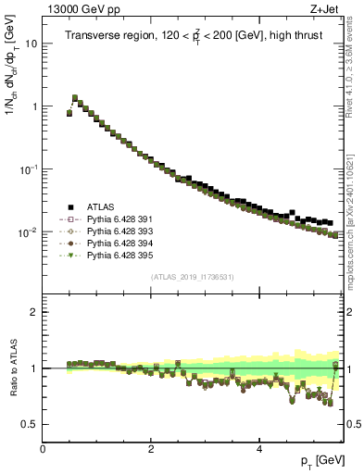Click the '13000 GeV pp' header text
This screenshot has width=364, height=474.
tap(74, 8)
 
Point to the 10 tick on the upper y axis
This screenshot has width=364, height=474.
tap(31, 44)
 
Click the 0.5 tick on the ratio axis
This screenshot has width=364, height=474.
tap(30, 424)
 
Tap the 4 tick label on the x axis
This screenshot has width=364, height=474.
tap(258, 447)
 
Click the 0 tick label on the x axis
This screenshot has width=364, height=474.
tap(44, 447)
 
